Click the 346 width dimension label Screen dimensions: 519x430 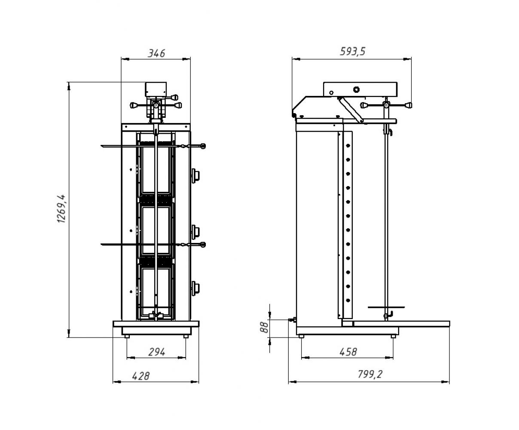(156, 53)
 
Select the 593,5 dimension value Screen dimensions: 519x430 (352, 51)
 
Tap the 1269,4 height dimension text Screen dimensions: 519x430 (61, 209)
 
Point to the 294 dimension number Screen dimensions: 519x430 (156, 352)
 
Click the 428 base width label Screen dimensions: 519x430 (140, 376)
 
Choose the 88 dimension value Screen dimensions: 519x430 (264, 328)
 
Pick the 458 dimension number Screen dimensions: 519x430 (348, 352)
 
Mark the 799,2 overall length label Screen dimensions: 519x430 (370, 374)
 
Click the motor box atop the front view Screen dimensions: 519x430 (156, 89)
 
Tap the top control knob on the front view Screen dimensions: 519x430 (195, 176)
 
